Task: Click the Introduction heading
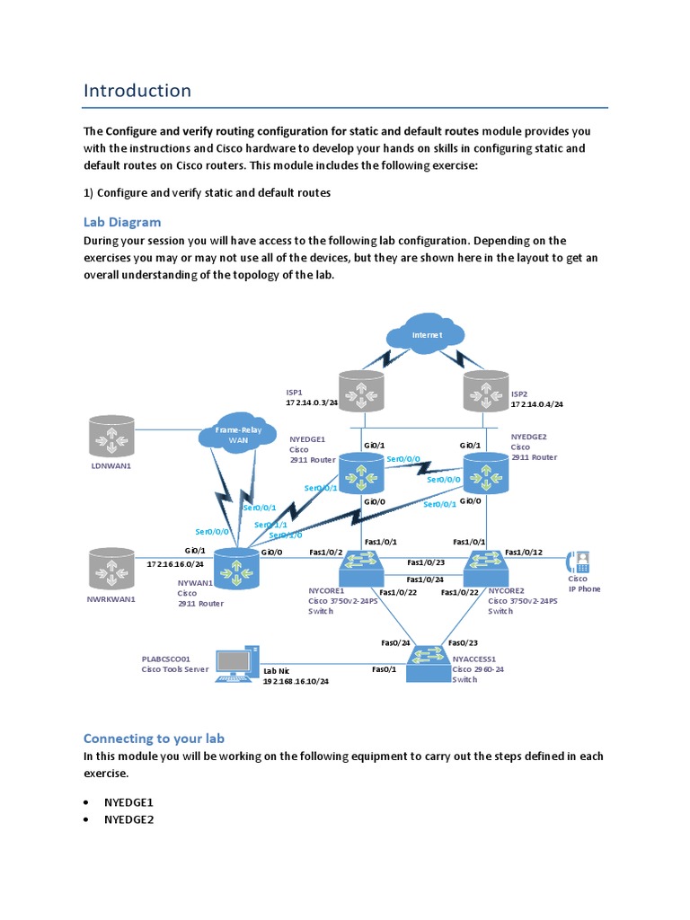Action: (137, 91)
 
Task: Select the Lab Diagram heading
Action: (122, 222)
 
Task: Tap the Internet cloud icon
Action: (426, 335)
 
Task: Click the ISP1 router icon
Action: (364, 392)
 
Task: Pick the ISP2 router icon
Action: (484, 392)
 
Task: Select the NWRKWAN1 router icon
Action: (112, 569)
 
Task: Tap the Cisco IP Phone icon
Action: (578, 562)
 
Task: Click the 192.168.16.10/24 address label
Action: (296, 682)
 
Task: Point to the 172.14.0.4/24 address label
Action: (537, 404)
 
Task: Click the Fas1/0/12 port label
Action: (523, 553)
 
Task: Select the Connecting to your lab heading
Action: (154, 739)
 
